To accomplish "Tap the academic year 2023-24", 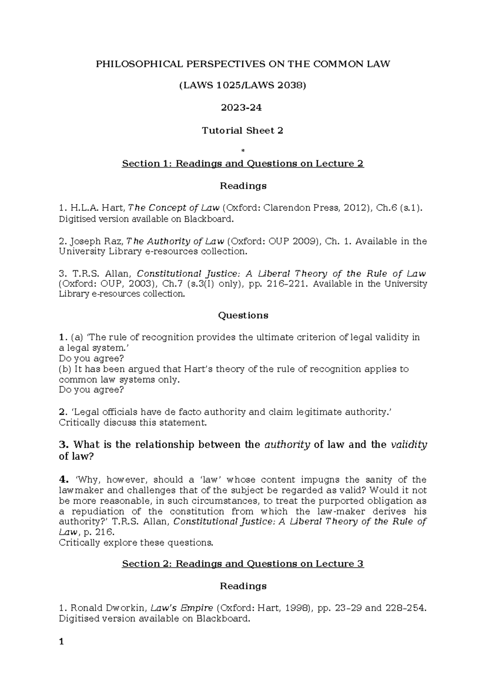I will tap(243, 108).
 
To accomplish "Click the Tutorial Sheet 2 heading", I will tap(243, 131).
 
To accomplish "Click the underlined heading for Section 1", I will tap(243, 163).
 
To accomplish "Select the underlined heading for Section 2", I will tap(243, 564).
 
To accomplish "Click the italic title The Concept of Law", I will tap(174, 208).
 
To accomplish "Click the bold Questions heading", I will tap(243, 316).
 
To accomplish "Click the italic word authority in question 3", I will tap(287, 445).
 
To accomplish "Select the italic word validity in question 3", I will tap(409, 445).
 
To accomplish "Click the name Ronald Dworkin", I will tap(108, 608).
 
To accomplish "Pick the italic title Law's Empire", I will tap(182, 608).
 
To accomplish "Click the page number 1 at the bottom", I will tap(62, 642).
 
